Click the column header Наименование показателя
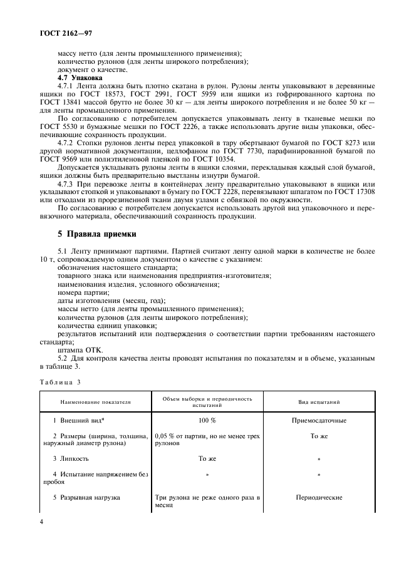(95, 402)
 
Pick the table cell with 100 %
(207, 420)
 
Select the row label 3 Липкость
(75, 459)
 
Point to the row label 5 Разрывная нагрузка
(87, 498)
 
